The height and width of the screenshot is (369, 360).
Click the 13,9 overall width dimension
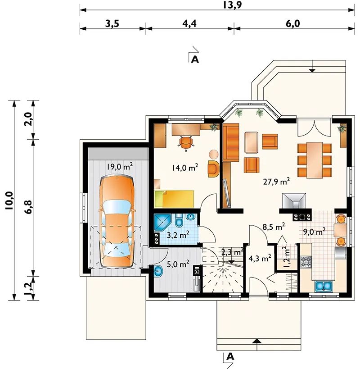pyautogui.click(x=232, y=5)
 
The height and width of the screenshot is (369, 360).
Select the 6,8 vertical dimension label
pyautogui.click(x=29, y=207)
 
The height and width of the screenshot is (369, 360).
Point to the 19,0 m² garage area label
pyautogui.click(x=120, y=167)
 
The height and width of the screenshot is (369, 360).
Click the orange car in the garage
pyautogui.click(x=117, y=222)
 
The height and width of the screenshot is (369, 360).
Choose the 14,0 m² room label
pyautogui.click(x=185, y=167)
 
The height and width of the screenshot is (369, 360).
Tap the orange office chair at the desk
pyautogui.click(x=186, y=143)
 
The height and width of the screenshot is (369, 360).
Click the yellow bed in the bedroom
pyautogui.click(x=174, y=199)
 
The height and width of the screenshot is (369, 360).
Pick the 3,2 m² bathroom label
pyautogui.click(x=178, y=235)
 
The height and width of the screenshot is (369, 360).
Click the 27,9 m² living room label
pyautogui.click(x=276, y=182)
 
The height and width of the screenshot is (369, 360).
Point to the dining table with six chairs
pyautogui.click(x=315, y=160)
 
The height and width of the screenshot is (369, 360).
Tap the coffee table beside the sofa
pyautogui.click(x=251, y=142)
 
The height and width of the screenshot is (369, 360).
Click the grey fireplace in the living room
pyautogui.click(x=294, y=201)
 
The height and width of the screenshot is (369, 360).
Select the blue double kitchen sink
pyautogui.click(x=324, y=286)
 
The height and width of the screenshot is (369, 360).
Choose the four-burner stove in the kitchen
pyautogui.click(x=306, y=262)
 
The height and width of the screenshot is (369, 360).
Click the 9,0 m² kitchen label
pyautogui.click(x=314, y=232)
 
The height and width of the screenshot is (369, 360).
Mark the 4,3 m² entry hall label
pyautogui.click(x=260, y=258)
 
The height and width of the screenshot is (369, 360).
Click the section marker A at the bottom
pyautogui.click(x=230, y=356)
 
